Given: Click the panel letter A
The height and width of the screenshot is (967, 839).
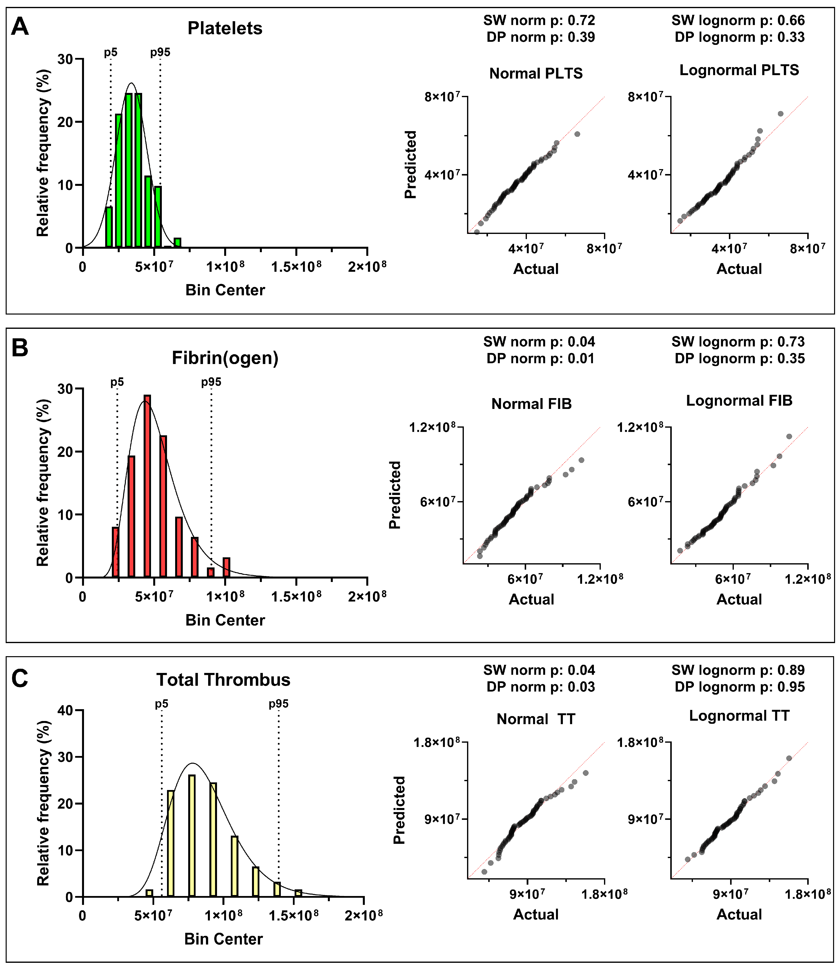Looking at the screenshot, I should coord(20,27).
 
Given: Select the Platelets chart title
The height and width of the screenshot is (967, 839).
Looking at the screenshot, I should coord(225,28).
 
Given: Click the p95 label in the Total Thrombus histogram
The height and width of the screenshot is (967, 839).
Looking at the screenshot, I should coord(279,704).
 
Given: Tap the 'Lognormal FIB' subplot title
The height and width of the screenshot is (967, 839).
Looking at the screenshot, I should coord(739,401).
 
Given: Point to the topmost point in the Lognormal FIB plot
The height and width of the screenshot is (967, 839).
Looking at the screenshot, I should coord(789,436).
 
